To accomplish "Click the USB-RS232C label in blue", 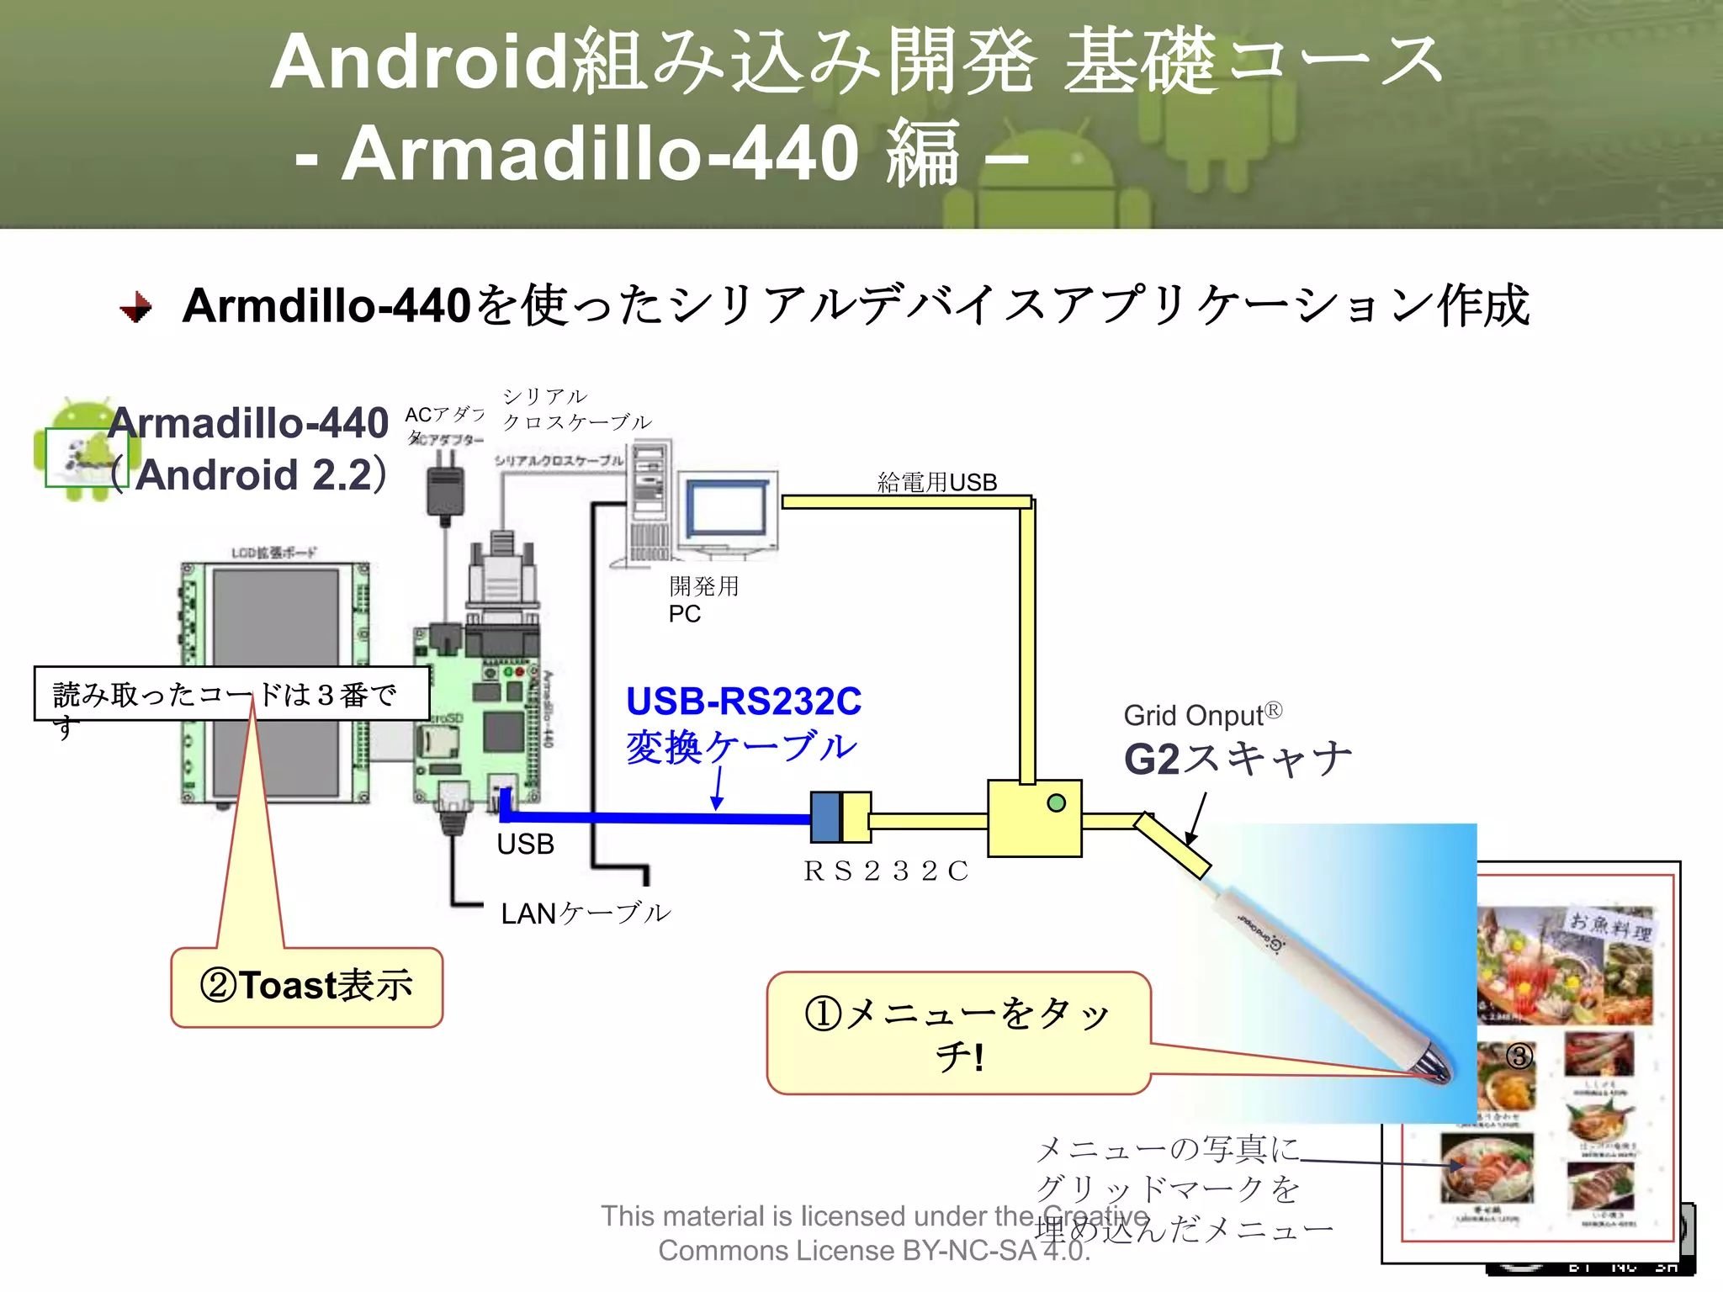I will tap(744, 702).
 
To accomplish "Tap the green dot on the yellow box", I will tap(1057, 802).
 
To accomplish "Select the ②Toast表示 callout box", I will tap(306, 987).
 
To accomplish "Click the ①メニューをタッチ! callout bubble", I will tap(957, 1033).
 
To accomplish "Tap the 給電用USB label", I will tap(936, 482).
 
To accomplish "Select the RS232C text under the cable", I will tap(886, 871).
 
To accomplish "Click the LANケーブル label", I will tap(586, 913).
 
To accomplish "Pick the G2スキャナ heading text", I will tap(1237, 759).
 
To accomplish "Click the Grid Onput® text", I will tap(1201, 715).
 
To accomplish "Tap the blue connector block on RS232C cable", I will tap(826, 817).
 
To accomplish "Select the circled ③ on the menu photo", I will tap(1519, 1056).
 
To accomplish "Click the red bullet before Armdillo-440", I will tap(136, 307).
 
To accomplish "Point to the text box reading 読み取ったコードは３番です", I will tap(231, 695).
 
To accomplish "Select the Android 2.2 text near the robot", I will tap(252, 475).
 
